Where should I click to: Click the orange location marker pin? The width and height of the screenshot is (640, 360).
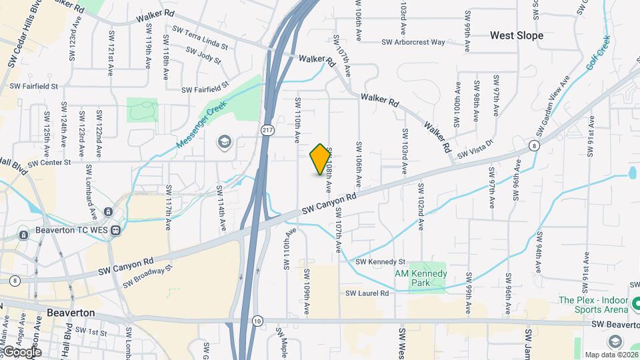point(320,159)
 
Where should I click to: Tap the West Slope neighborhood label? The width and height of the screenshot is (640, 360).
point(517,35)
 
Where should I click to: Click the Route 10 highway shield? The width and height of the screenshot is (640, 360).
point(257,321)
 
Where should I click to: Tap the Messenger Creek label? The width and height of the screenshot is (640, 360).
point(203,125)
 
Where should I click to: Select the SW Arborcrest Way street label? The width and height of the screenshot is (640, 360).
point(413,42)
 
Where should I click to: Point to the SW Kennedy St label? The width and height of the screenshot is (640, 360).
point(381,262)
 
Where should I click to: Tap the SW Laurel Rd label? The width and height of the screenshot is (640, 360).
point(367,293)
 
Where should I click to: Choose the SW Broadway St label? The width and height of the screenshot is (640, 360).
point(148,276)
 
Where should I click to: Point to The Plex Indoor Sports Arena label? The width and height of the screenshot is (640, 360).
point(593,305)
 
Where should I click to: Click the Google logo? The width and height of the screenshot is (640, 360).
point(21,351)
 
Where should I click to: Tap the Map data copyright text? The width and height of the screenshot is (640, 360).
point(610,354)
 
